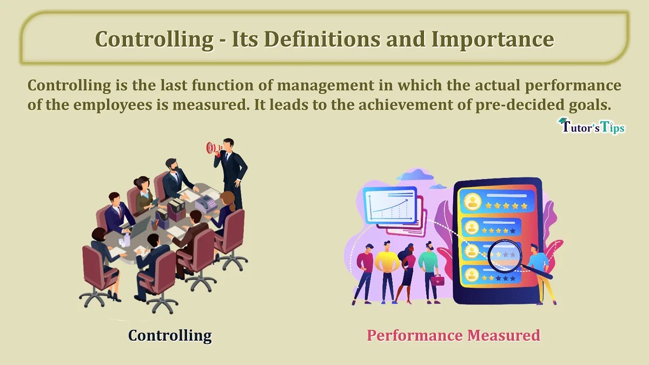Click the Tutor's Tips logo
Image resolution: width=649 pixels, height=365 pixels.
pos(591,127)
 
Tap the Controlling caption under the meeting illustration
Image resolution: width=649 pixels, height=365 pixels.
pos(170,335)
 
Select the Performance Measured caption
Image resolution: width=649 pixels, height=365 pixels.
pos(453,335)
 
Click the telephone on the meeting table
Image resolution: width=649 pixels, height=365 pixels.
pos(205,204)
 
